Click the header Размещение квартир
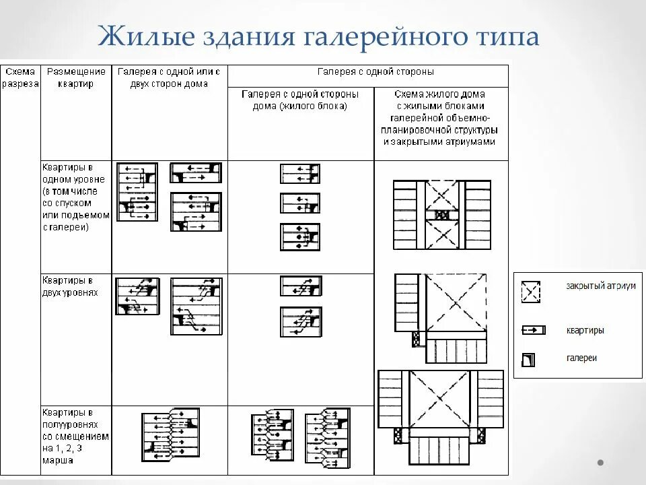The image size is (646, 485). [x=76, y=77]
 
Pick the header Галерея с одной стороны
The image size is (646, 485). [x=375, y=71]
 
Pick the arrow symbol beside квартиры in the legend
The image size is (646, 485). [x=532, y=331]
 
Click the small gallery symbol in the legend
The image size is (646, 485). [x=530, y=359]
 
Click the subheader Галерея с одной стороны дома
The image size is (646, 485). [x=300, y=100]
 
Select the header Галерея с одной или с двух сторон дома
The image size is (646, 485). [x=169, y=77]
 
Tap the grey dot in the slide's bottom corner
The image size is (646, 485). [x=600, y=463]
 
